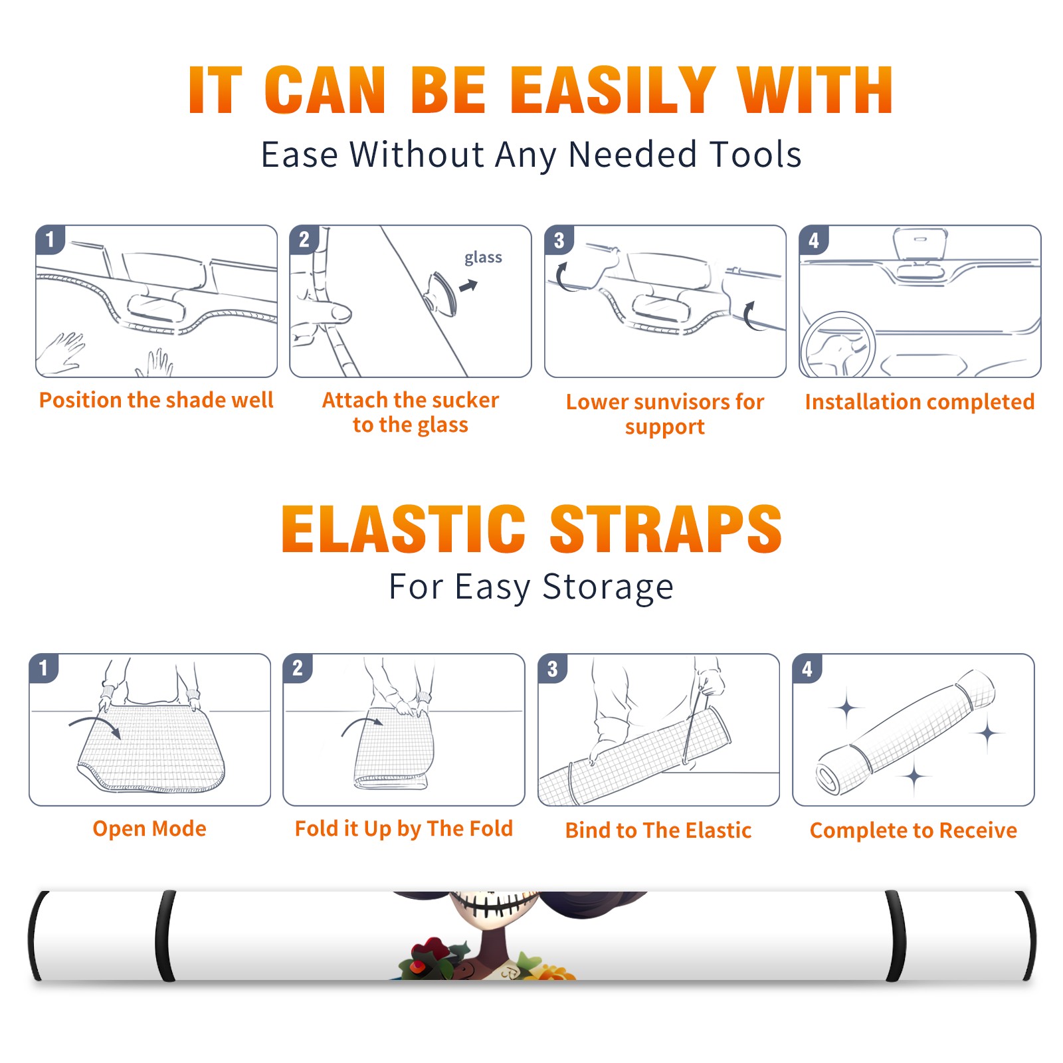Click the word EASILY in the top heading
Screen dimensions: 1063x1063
pos(613,90)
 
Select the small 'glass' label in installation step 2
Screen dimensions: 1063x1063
pos(483,258)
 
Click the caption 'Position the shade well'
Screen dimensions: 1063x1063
pos(156,400)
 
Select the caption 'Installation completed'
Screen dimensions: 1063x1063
pos(919,402)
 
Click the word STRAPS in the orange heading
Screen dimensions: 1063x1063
pos(666,529)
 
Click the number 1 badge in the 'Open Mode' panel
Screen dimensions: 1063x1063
pos(44,668)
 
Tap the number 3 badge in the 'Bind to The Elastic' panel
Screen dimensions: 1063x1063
pos(553,668)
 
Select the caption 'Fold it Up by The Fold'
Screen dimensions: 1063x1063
pos(404,828)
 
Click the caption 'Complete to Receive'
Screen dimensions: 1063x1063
pos(914,830)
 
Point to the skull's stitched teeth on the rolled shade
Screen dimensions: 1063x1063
pos(495,904)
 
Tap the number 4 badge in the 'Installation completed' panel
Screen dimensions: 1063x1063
pos(814,240)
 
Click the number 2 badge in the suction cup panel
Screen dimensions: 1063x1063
pos(304,240)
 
